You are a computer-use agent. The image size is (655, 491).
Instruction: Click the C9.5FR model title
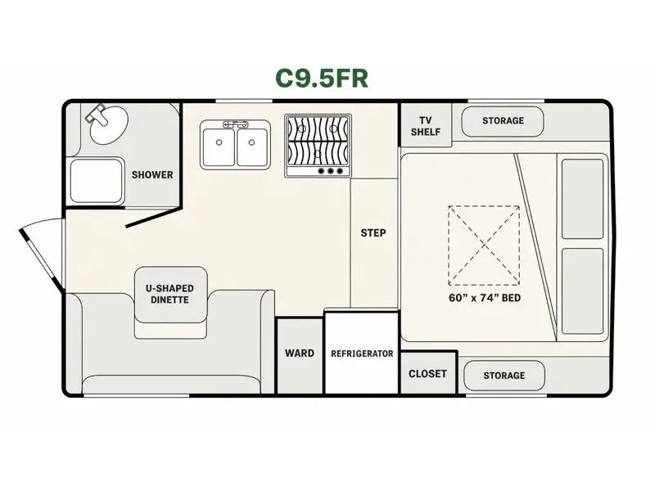322,78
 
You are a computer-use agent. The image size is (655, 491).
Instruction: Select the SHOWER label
152,174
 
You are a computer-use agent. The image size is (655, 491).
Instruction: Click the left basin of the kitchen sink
219,147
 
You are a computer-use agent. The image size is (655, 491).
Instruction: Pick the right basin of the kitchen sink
252,147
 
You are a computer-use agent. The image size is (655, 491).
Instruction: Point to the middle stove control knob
331,171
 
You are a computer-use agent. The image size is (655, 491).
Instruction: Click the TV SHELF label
425,126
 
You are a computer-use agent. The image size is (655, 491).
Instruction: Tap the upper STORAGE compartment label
503,120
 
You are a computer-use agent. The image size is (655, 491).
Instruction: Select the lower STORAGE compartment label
504,376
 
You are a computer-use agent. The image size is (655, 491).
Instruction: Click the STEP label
373,233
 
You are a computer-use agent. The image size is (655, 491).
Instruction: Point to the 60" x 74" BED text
485,298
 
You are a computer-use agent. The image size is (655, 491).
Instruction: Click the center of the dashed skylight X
484,245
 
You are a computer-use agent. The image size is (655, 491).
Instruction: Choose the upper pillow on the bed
582,199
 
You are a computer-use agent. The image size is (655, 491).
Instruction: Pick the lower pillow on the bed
582,291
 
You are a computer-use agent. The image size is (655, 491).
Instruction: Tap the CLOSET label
427,374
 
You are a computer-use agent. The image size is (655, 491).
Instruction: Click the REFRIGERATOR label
362,354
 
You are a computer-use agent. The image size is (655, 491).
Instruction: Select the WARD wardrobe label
300,354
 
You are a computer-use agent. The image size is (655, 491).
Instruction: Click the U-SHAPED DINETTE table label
169,294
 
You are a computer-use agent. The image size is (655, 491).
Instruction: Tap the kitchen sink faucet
236,124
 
